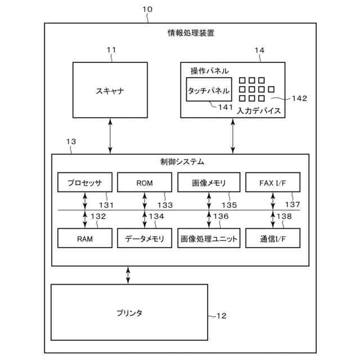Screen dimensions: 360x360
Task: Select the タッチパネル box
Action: [x=209, y=90]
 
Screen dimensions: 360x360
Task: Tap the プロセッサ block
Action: [x=84, y=183]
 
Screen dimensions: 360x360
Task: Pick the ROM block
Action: [x=145, y=183]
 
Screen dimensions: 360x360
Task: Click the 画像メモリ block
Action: [x=209, y=183]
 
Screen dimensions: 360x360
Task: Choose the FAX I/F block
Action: [x=273, y=183]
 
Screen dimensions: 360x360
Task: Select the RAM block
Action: [x=84, y=238]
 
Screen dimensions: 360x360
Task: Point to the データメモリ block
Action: [x=145, y=238]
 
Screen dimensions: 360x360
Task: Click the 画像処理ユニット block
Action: [x=209, y=238]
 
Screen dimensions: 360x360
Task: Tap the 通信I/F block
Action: [x=273, y=238]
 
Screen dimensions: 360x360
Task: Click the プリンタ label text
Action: [x=129, y=313]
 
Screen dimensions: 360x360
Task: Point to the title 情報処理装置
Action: [x=191, y=33]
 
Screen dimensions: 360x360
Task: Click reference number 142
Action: [x=299, y=98]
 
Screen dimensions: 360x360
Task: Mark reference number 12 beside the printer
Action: [x=220, y=316]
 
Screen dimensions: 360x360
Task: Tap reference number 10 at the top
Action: [x=147, y=9]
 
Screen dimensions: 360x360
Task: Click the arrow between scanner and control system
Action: [x=110, y=136]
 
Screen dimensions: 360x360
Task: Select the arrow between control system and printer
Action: [x=129, y=275]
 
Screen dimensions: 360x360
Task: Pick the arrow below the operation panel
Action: [x=233, y=136]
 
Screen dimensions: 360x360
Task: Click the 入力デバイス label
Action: [x=259, y=111]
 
